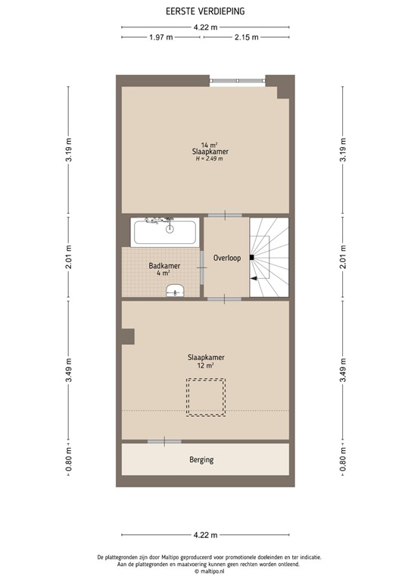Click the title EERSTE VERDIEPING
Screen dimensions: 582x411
(205, 11)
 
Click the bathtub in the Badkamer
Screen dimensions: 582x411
(166, 232)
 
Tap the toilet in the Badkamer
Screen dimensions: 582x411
(176, 290)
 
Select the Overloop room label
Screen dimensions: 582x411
(226, 258)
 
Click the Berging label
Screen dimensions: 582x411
(201, 459)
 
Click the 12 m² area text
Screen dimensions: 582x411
(206, 365)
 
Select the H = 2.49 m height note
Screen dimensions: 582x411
(210, 159)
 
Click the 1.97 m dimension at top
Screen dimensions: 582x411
(160, 36)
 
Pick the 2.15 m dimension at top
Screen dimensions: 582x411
(246, 36)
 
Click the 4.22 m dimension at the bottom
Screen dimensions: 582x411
(205, 534)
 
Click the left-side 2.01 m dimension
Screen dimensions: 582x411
(68, 257)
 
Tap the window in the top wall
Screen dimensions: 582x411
(238, 79)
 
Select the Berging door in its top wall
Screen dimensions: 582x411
(164, 441)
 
